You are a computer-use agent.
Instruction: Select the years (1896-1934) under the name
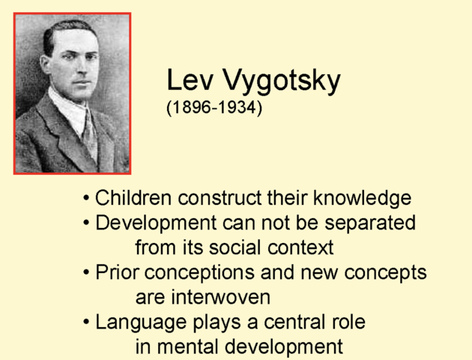coord(214,108)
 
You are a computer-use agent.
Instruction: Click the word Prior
coord(115,272)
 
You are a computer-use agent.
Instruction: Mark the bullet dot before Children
coord(87,199)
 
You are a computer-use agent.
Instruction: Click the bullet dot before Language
coord(87,322)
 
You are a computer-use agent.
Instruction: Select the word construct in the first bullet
coord(220,199)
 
